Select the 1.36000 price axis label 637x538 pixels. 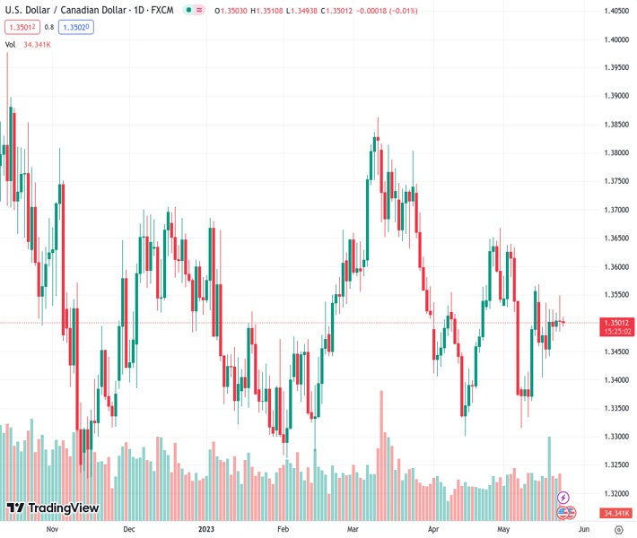pos(615,267)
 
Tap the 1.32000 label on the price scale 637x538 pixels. pos(615,494)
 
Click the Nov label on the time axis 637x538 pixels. pos(51,529)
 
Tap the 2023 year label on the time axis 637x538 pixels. pos(206,529)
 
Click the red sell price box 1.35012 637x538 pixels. pos(20,27)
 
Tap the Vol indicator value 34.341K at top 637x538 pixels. pos(37,44)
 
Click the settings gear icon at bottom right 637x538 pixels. pos(618,529)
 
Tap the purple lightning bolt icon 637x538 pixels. pos(563,497)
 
